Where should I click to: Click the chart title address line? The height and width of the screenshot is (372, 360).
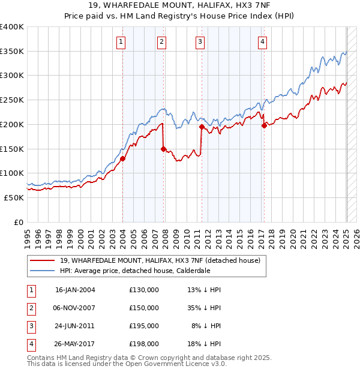pyautogui.click(x=180, y=6)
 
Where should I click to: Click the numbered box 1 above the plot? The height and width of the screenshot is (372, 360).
pyautogui.click(x=121, y=41)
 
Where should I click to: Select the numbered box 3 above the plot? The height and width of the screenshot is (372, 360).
pyautogui.click(x=200, y=41)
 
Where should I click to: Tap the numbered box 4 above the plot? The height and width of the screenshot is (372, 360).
pyautogui.click(x=263, y=41)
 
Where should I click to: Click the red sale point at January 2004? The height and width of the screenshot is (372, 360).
pyautogui.click(x=122, y=158)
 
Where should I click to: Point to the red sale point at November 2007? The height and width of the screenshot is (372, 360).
pyautogui.click(x=163, y=149)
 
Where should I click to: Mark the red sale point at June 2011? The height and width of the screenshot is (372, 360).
pyautogui.click(x=202, y=127)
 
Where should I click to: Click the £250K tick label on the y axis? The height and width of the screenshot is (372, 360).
pyautogui.click(x=12, y=100)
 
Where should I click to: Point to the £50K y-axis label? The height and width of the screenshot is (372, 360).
pyautogui.click(x=14, y=197)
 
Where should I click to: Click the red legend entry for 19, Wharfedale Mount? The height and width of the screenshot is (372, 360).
pyautogui.click(x=160, y=260)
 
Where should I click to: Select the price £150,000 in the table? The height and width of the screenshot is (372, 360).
pyautogui.click(x=144, y=308)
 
